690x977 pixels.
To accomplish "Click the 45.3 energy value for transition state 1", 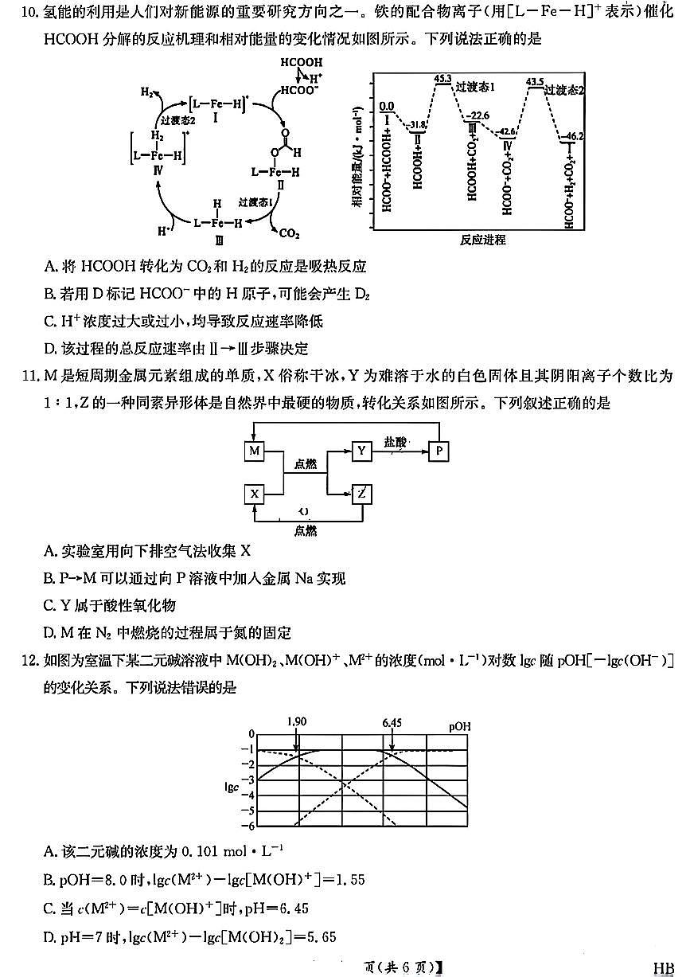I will tap(444, 79).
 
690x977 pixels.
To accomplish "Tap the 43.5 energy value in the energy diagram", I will tap(535, 81).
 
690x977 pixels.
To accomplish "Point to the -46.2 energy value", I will tap(573, 137).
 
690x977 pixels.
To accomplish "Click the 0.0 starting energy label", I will tap(387, 105).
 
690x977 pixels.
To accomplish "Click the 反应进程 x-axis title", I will tap(482, 238).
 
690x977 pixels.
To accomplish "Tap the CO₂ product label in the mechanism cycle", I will tap(288, 233).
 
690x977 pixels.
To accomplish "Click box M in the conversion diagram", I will tap(254, 451).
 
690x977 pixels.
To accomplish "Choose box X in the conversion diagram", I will tap(254, 494).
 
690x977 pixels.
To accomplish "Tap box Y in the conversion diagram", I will tap(362, 451).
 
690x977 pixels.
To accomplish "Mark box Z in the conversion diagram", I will tap(362, 494).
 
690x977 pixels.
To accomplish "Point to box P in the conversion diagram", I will tap(439, 451).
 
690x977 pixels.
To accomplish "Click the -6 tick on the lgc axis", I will tap(251, 826).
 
